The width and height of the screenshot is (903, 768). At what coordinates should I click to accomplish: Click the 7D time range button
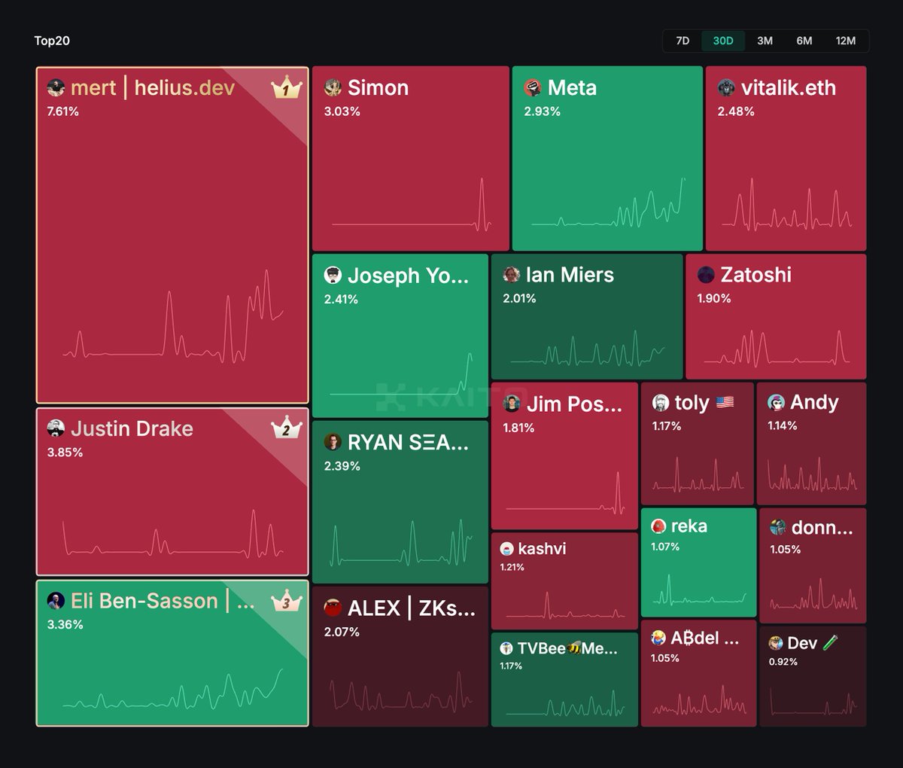683,41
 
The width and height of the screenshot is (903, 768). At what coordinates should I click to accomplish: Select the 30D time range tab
722,41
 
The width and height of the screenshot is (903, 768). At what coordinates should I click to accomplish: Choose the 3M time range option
765,41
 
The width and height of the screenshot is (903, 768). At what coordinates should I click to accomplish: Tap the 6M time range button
804,41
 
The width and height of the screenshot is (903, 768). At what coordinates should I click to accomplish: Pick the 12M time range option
846,41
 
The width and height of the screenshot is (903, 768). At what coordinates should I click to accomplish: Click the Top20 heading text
52,41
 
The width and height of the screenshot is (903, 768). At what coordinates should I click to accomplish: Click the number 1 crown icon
286,88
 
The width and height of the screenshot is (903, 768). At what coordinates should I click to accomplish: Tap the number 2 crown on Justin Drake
286,429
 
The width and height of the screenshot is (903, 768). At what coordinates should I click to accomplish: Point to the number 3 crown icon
286,602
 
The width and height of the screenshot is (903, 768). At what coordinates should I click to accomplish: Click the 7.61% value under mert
62,111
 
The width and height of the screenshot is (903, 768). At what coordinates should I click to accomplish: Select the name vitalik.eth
788,88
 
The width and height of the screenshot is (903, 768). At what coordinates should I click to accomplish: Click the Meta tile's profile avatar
533,88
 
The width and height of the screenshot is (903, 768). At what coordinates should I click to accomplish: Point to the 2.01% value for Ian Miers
519,299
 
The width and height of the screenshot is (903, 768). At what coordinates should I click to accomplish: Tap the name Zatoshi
756,275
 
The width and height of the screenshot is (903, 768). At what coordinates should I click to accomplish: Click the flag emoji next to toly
725,403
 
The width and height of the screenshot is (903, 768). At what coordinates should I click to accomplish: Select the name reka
689,526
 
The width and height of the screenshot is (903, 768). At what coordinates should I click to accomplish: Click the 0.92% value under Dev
783,662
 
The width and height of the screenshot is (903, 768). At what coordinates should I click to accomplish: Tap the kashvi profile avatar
506,549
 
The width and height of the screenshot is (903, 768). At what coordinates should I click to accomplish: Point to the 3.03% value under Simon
342,111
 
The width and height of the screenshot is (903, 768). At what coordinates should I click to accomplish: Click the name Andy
814,403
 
